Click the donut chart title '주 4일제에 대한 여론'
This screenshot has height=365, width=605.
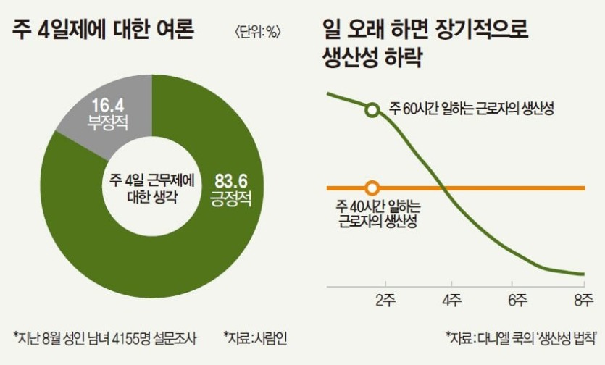[x=104, y=32]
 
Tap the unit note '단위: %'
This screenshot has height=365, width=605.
[x=258, y=33]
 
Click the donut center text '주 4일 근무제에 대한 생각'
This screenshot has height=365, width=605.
[x=151, y=187]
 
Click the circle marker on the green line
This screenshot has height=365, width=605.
[x=372, y=110]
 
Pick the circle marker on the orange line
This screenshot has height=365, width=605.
[x=372, y=188]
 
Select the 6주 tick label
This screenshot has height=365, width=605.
[x=517, y=298]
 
